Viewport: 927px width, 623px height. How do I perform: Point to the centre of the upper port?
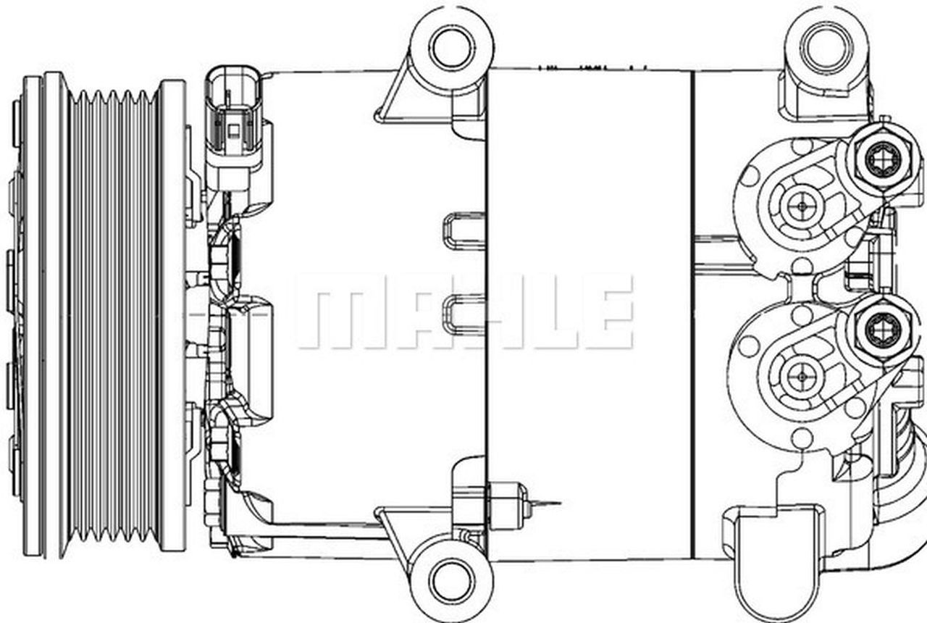(x=801, y=206)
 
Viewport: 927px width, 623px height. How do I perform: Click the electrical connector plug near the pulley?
(x=233, y=120)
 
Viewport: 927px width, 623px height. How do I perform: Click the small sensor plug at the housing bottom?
(x=509, y=501)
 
